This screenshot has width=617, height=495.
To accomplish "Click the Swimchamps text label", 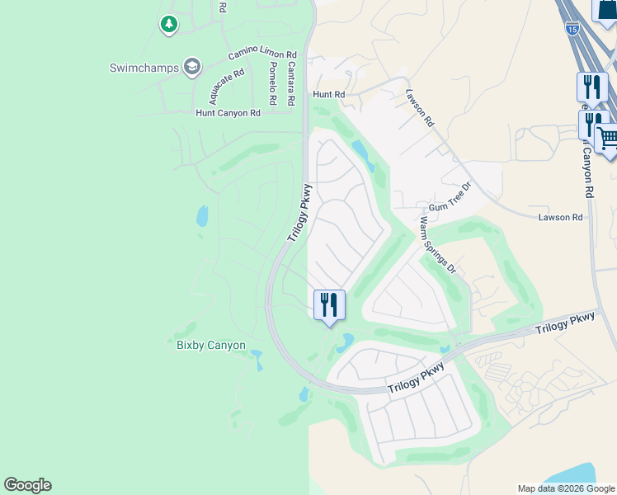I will click(x=144, y=68).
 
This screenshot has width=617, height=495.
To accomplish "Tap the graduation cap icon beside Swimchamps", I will click(x=192, y=67).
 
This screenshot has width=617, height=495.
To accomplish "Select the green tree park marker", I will click(x=169, y=25).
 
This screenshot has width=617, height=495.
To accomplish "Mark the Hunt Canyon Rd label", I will click(x=228, y=113).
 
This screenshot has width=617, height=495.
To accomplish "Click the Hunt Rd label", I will click(x=328, y=95).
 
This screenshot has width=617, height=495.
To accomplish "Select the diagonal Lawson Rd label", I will click(x=419, y=108).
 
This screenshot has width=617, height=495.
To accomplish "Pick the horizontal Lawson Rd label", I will click(x=560, y=217).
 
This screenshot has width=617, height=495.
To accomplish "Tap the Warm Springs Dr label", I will click(x=438, y=245).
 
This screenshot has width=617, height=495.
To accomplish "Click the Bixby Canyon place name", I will click(x=211, y=345).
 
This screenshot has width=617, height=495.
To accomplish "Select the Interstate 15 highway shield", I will click(x=571, y=29).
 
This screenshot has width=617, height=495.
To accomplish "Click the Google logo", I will click(x=27, y=485).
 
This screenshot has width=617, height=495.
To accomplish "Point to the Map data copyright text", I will click(x=567, y=488).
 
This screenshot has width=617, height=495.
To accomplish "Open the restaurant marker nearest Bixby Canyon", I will click(x=329, y=304).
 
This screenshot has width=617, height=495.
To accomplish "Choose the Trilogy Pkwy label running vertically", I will click(x=299, y=213).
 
